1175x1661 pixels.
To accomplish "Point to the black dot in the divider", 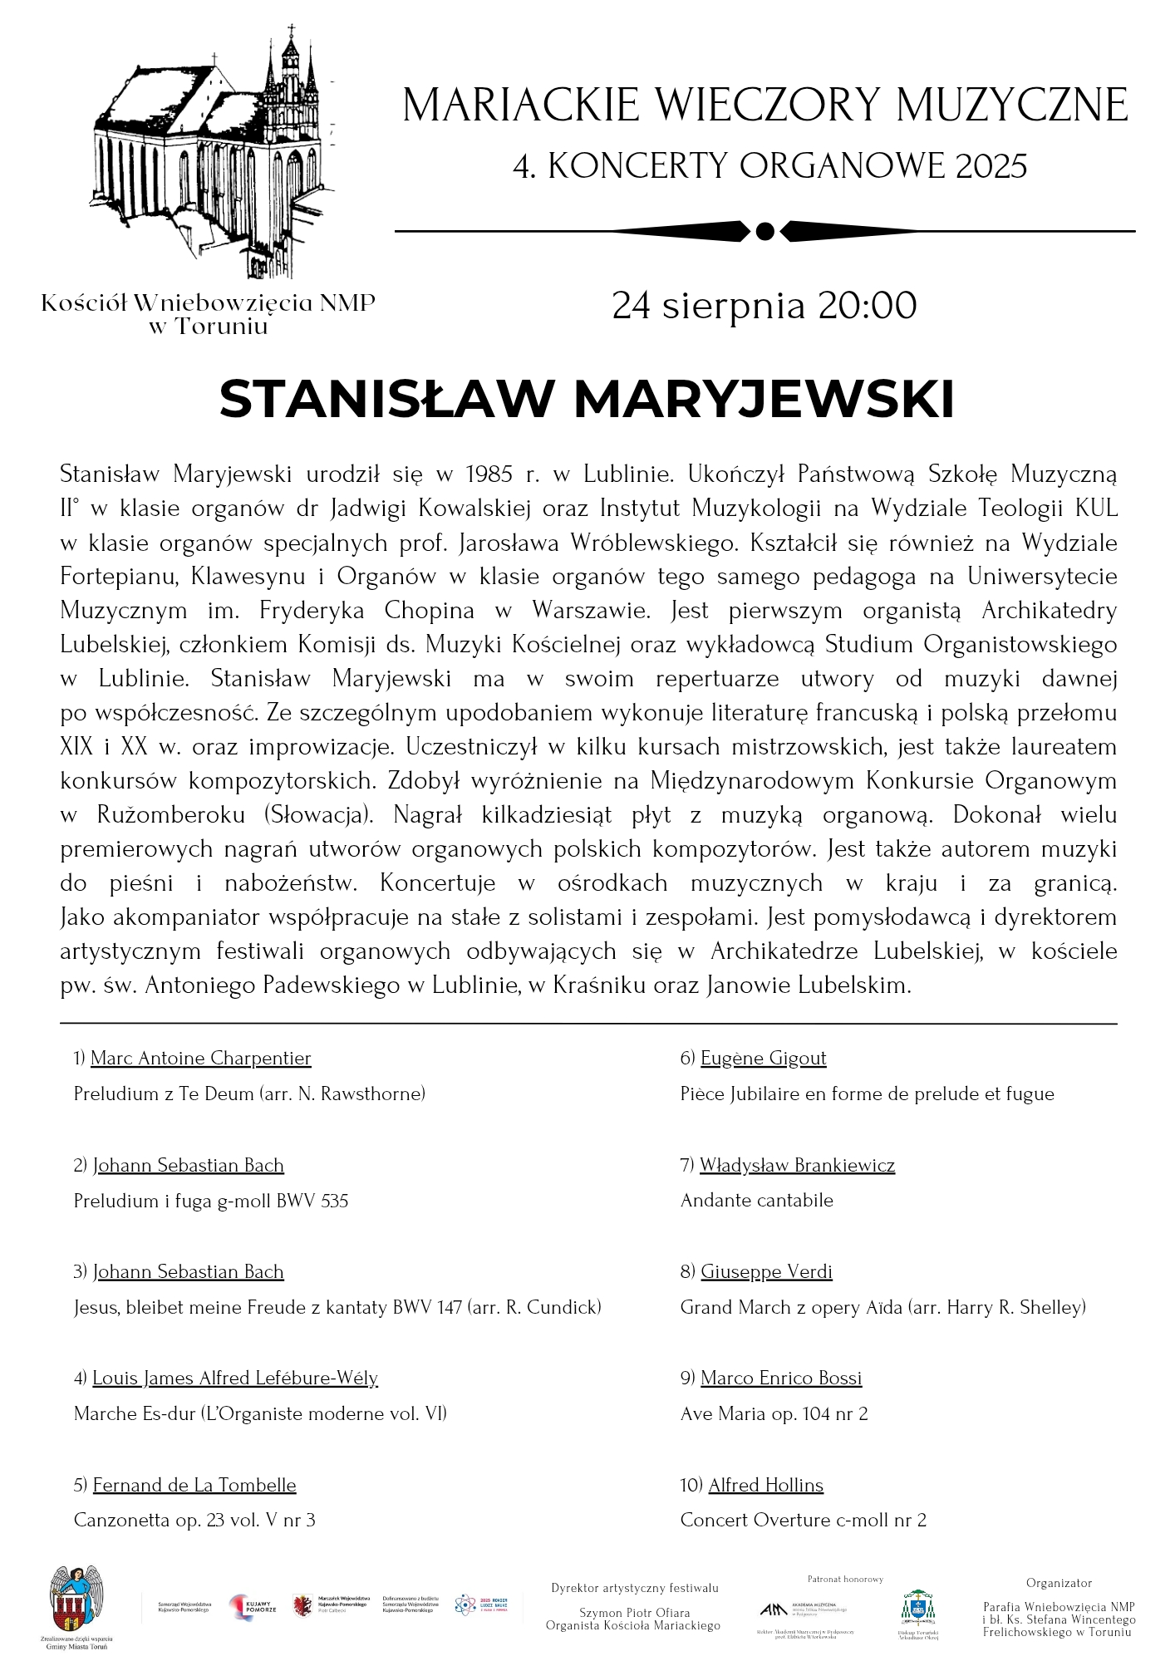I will pyautogui.click(x=765, y=230).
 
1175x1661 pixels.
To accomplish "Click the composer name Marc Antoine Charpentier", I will pyautogui.click(x=200, y=1058).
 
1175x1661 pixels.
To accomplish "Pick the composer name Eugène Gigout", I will pyautogui.click(x=763, y=1058).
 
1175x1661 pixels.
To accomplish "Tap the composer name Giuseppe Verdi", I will pyautogui.click(x=766, y=1271).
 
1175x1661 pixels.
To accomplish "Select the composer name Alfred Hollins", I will pyautogui.click(x=765, y=1485).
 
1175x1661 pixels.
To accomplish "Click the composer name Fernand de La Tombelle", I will pyautogui.click(x=194, y=1485).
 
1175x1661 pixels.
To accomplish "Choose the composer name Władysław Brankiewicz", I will pyautogui.click(x=797, y=1165).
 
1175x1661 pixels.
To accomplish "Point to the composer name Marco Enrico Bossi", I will pyautogui.click(x=781, y=1378).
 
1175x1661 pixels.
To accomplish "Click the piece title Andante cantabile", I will pyautogui.click(x=756, y=1200).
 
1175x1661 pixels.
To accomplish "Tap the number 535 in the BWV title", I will pyautogui.click(x=334, y=1201).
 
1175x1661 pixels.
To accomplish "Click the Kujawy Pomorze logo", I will pyautogui.click(x=247, y=1608).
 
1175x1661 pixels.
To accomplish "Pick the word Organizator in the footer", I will pyautogui.click(x=1059, y=1583).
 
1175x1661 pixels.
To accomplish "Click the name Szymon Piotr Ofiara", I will pyautogui.click(x=634, y=1613).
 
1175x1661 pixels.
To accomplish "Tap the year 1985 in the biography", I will pyautogui.click(x=489, y=474).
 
